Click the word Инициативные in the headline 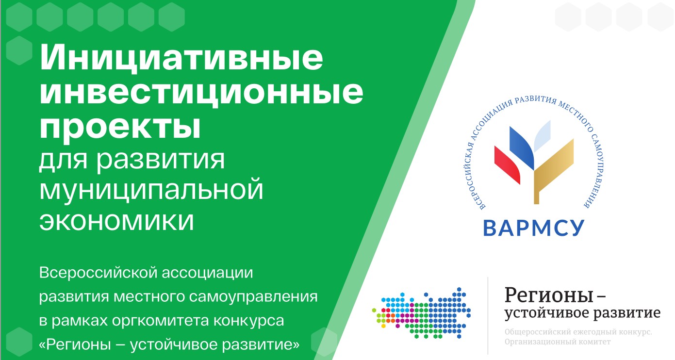pos(181,58)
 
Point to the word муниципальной pos(151,190)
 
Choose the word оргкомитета pos(161,321)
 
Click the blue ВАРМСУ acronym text pos(534,228)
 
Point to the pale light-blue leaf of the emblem pos(543,136)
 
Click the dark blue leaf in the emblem pos(522,147)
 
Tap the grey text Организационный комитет pos(558,342)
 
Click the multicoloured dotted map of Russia pos(422,313)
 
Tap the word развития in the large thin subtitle pos(161,160)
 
